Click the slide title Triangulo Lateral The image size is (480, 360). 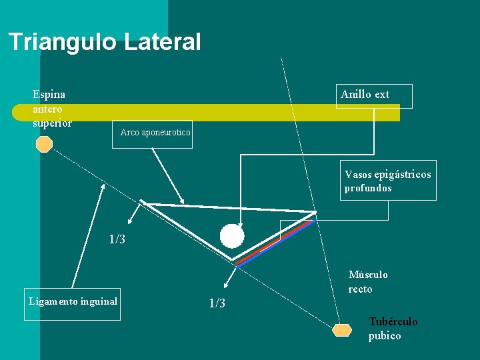coord(105,42)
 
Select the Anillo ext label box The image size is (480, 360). coord(374,96)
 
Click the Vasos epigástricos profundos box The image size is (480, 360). coord(388,180)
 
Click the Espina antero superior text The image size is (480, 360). coord(52,109)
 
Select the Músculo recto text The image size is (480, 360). coord(368,282)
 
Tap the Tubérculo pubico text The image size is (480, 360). coord(393,329)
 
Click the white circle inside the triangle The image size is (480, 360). coord(232,236)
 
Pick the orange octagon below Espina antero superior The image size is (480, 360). coord(44,144)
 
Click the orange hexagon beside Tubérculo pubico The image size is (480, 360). coord(342,330)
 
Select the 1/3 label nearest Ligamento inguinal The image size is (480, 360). coord(217,304)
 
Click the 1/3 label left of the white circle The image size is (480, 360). coord(117,239)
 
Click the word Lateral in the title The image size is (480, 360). coord(162,42)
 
